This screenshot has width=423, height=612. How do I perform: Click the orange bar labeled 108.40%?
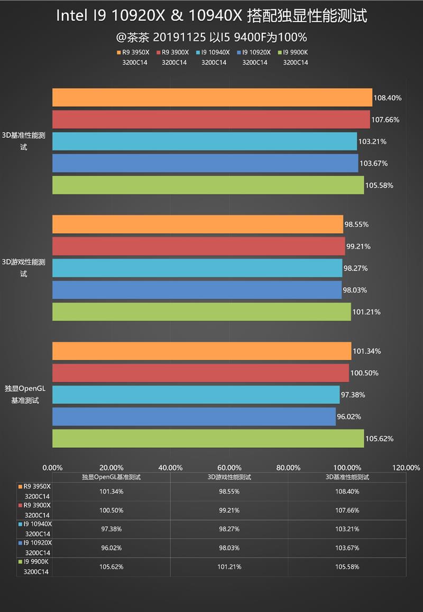[x=212, y=98]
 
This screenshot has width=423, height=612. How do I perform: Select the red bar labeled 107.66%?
[x=211, y=119]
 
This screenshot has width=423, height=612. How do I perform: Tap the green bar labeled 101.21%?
[x=201, y=312]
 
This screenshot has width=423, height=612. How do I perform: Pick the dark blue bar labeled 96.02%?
[x=194, y=417]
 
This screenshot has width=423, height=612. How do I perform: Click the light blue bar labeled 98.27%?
[x=197, y=268]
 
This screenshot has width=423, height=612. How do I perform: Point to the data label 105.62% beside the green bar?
[x=380, y=439]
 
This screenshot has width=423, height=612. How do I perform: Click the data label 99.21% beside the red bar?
[x=358, y=247]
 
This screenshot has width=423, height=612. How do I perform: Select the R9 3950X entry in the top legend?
[x=133, y=53]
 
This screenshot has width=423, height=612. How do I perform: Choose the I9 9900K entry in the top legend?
[x=295, y=53]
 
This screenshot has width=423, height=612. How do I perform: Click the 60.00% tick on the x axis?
[x=229, y=467]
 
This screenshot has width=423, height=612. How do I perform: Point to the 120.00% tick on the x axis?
[x=407, y=467]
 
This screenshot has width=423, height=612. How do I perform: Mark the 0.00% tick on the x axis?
[x=52, y=467]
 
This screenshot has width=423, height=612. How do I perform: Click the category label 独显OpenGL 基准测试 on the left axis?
[x=25, y=394]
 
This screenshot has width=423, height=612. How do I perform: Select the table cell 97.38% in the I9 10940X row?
[x=111, y=529]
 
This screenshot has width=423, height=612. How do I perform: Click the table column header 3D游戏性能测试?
[x=229, y=477]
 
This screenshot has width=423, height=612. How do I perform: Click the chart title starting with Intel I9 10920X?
[x=212, y=16]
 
